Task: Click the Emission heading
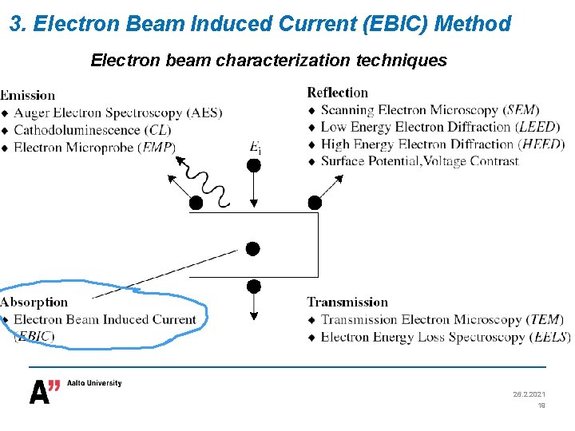point(28,96)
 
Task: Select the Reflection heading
point(337,93)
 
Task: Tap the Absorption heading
point(34,302)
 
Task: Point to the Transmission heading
point(347,302)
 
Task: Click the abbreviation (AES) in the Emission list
point(206,113)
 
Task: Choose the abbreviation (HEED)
point(541,144)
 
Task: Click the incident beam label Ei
point(256,147)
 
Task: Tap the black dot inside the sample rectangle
point(253,249)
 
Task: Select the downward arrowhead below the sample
point(253,315)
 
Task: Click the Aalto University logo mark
point(45,391)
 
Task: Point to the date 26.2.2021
point(529,394)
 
